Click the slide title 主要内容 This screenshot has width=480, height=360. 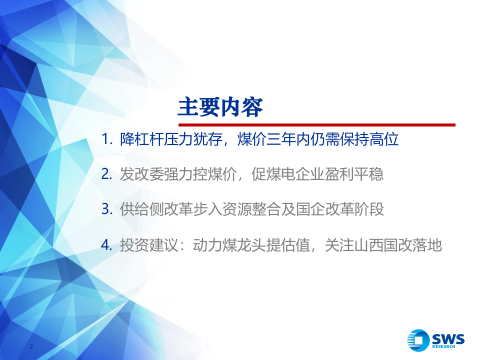click(x=220, y=107)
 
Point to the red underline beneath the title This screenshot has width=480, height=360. click(x=316, y=125)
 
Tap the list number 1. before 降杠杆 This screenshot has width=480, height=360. click(x=107, y=139)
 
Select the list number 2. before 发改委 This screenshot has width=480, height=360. click(x=107, y=174)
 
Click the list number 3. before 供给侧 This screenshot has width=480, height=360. click(x=107, y=209)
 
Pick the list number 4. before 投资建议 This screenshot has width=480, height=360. click(x=107, y=245)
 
